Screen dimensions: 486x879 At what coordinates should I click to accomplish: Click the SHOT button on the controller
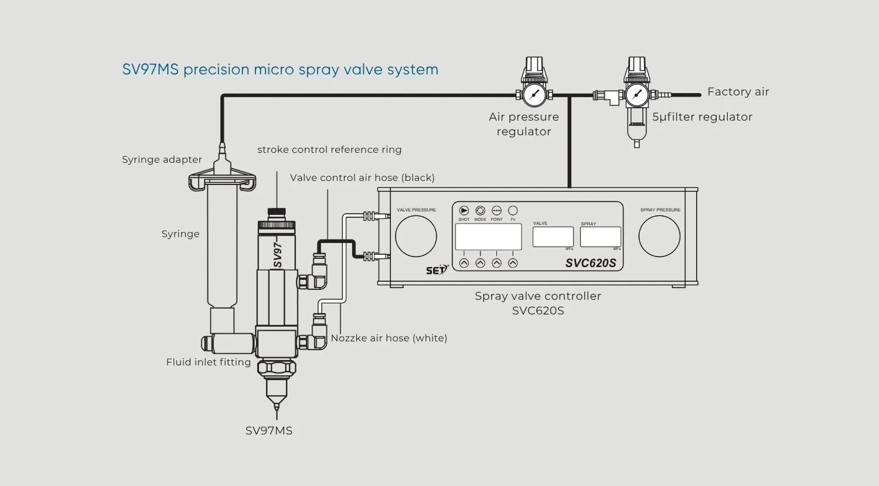[464, 211]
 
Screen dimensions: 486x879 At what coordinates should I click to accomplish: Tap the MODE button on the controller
[481, 211]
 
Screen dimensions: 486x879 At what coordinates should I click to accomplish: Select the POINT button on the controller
[496, 211]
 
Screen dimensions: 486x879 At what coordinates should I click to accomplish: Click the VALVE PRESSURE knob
[416, 237]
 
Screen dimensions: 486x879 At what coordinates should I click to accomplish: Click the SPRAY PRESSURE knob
[659, 237]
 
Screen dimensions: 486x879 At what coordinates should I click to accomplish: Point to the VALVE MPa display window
[553, 237]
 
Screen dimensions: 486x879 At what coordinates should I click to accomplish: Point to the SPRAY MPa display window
[600, 237]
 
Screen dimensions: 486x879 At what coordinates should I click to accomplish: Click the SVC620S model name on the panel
[591, 263]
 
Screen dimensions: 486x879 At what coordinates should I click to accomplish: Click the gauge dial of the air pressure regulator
[534, 95]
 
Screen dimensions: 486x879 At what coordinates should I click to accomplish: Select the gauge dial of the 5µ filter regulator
[637, 95]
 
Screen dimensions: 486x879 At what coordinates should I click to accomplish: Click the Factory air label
[738, 92]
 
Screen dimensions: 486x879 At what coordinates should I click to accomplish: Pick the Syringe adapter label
[162, 160]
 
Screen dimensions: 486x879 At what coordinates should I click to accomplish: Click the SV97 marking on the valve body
[278, 255]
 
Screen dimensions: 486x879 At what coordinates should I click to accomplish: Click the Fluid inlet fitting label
[208, 362]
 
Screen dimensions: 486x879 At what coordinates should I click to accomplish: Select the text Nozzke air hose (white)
[389, 338]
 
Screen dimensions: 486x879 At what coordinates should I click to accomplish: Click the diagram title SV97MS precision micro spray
[280, 70]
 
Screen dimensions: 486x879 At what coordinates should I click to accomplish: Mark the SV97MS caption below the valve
[268, 431]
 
